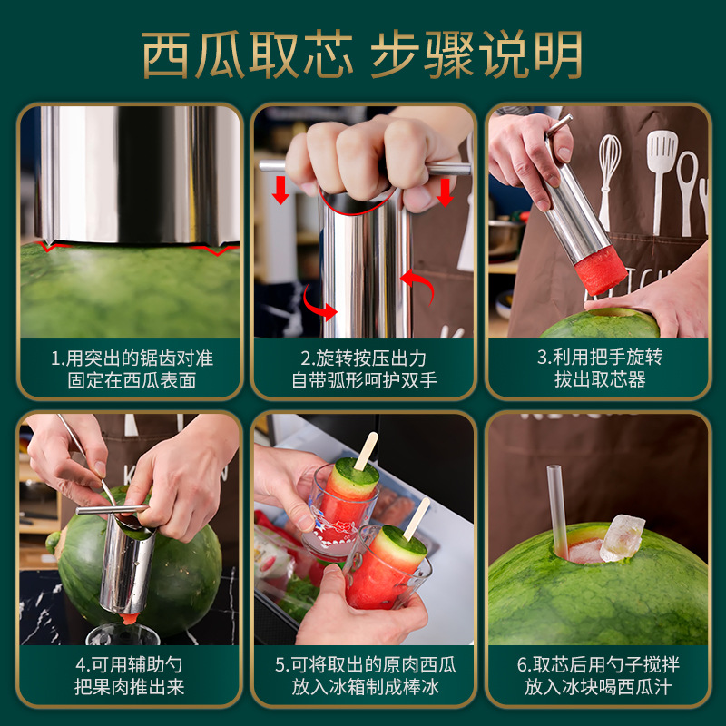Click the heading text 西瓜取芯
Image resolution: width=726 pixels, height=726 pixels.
[247, 55]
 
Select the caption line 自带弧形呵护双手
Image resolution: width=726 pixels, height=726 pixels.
[365, 380]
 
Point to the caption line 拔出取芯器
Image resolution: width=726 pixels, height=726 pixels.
[600, 379]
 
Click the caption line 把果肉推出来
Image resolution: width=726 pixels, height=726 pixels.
[130, 687]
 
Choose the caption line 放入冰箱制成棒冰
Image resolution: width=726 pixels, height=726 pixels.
[366, 687]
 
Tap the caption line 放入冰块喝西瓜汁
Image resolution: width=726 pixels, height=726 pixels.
[598, 687]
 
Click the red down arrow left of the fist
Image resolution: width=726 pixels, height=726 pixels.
[280, 190]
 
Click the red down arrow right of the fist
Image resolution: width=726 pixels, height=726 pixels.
[445, 192]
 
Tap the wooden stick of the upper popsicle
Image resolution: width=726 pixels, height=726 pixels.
[367, 450]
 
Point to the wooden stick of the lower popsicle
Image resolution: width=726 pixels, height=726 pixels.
[417, 518]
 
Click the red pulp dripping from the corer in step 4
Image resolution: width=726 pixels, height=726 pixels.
[130, 618]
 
